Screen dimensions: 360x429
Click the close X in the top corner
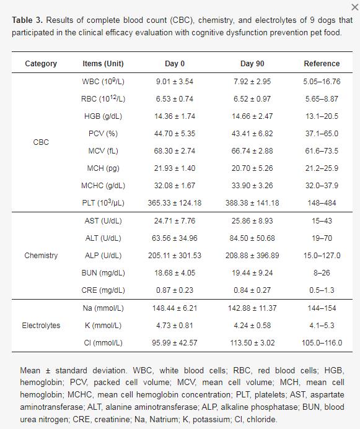click(x=355, y=7)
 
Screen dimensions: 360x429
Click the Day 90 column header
click(x=252, y=64)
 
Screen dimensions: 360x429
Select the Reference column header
click(x=322, y=64)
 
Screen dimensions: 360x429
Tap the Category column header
click(x=41, y=64)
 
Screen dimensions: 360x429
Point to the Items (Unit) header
click(x=103, y=64)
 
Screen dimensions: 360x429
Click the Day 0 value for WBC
click(x=175, y=82)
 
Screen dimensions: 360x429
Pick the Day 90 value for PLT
click(x=252, y=203)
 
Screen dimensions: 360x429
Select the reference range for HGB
click(x=322, y=116)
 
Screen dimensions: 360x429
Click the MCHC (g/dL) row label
click(x=103, y=186)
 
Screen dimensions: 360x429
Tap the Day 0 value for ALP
click(x=175, y=256)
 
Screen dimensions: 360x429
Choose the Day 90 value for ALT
click(x=252, y=238)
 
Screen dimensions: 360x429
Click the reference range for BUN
click(x=322, y=273)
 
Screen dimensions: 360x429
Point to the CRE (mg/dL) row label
click(x=103, y=290)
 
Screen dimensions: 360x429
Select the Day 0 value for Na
click(x=175, y=308)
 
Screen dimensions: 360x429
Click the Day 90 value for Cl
click(x=252, y=343)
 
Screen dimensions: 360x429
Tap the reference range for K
click(x=322, y=326)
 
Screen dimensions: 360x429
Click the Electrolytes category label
click(x=41, y=326)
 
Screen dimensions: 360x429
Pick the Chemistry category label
click(x=41, y=256)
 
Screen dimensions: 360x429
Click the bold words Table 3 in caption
click(x=27, y=20)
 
